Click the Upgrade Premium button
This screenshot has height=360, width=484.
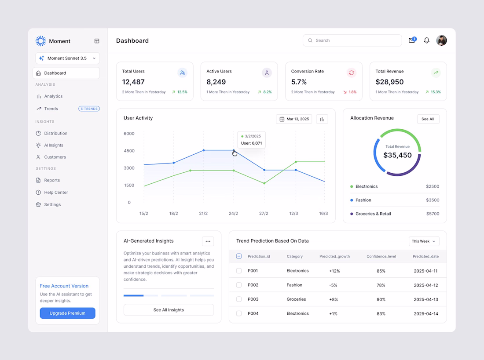click(x=67, y=313)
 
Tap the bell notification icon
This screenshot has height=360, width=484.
click(x=427, y=40)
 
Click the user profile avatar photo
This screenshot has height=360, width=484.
click(x=441, y=40)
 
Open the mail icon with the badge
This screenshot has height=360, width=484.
click(x=412, y=40)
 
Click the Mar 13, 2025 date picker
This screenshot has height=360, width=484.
click(x=294, y=119)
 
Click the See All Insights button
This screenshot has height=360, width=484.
click(x=169, y=310)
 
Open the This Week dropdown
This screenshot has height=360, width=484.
click(x=424, y=241)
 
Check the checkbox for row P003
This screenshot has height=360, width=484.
click(x=239, y=299)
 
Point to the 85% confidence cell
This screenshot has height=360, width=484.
click(x=381, y=271)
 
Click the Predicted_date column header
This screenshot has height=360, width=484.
click(x=425, y=256)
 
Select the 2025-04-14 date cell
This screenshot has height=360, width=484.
click(x=426, y=313)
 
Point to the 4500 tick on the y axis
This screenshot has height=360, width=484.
click(x=129, y=151)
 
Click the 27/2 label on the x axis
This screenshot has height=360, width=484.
click(x=264, y=214)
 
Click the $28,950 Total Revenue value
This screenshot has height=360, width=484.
click(x=389, y=82)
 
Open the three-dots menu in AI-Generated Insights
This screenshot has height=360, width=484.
click(x=208, y=241)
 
